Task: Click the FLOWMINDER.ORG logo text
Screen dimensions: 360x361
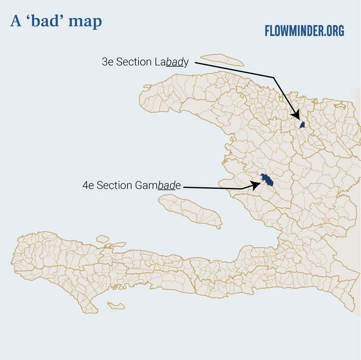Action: [304, 32]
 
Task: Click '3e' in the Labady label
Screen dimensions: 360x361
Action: [108, 62]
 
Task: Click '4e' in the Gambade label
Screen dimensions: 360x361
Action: [88, 185]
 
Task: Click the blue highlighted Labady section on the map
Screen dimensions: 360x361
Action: [303, 125]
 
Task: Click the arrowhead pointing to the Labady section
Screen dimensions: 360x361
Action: [296, 115]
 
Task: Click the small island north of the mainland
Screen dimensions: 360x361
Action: [222, 60]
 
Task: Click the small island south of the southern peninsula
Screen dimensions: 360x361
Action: [116, 306]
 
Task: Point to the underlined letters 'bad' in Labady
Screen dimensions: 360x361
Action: [173, 62]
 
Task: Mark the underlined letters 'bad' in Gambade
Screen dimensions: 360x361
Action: [166, 185]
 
